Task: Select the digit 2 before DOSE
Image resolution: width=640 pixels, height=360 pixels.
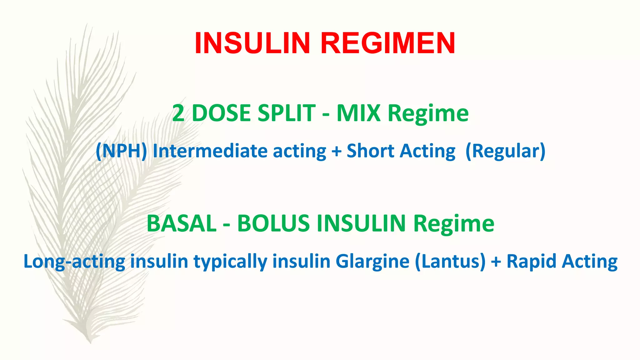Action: [178, 113]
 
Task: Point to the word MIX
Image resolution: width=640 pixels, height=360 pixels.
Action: [358, 113]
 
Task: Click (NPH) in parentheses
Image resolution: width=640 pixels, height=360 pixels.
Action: [121, 151]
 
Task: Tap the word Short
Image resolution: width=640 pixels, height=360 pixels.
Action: [371, 151]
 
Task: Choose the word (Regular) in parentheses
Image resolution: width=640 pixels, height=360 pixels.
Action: [505, 151]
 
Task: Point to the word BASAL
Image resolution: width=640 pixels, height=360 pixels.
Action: [182, 223]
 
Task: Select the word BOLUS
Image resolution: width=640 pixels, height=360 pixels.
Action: [273, 223]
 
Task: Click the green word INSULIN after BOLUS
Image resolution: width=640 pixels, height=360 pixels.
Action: [361, 223]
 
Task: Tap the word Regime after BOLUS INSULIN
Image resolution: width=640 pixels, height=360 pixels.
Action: [454, 224]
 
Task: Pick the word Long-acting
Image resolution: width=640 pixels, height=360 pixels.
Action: [74, 262]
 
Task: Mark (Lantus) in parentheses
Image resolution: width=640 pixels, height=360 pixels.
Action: [450, 262]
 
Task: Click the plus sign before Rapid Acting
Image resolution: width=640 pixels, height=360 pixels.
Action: [496, 262]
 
